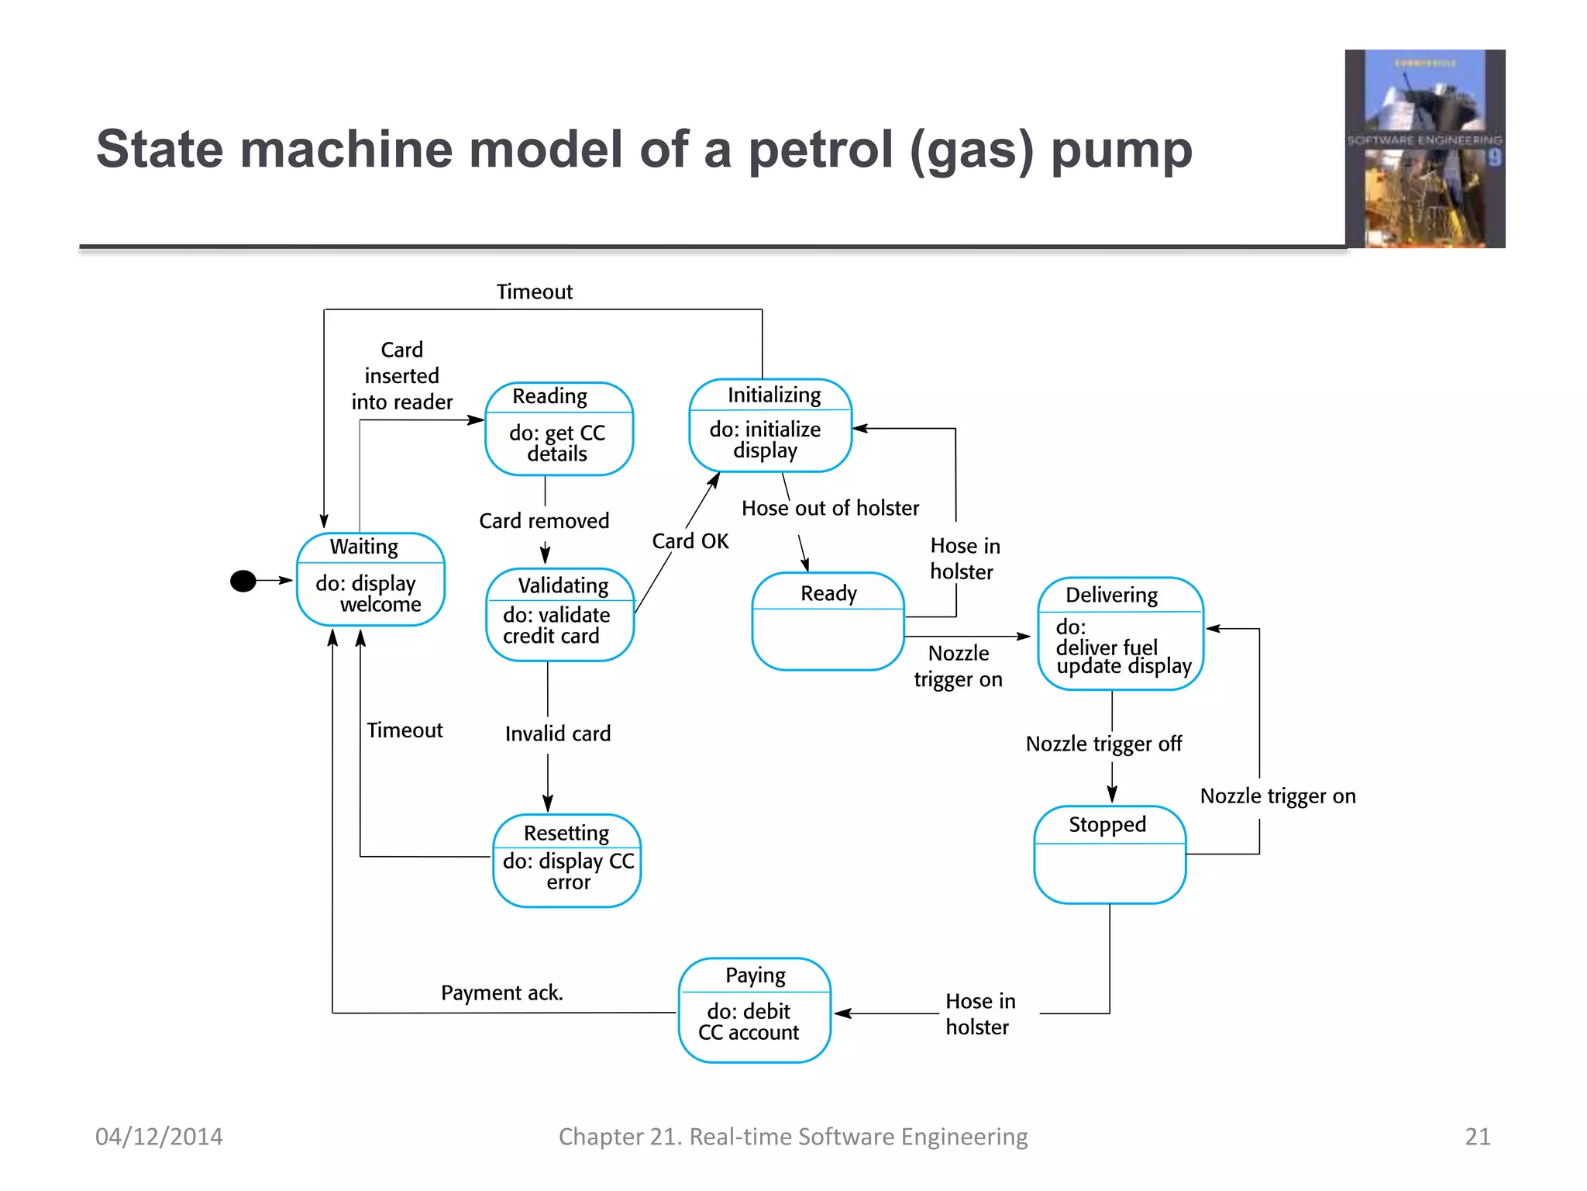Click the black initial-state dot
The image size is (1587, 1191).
(243, 581)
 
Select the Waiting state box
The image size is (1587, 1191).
(370, 579)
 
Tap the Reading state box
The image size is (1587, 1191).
(559, 429)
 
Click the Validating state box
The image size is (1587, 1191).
(559, 614)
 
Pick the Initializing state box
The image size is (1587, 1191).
(770, 426)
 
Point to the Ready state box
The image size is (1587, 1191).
(828, 621)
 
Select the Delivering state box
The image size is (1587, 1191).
(1120, 633)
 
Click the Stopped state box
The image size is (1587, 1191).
(1110, 854)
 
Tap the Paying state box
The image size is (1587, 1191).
(754, 1010)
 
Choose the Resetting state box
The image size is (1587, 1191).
(566, 860)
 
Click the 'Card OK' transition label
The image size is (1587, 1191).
(690, 541)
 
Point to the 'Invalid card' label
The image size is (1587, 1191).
(558, 734)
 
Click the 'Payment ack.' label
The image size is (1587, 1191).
(502, 992)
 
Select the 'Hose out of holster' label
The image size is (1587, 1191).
(830, 508)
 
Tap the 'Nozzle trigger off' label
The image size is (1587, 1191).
(1103, 744)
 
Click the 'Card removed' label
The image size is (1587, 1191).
(544, 520)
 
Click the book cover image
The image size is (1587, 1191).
(1424, 149)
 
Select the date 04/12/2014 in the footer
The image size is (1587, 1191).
(159, 1136)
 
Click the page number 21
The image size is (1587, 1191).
(1477, 1136)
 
